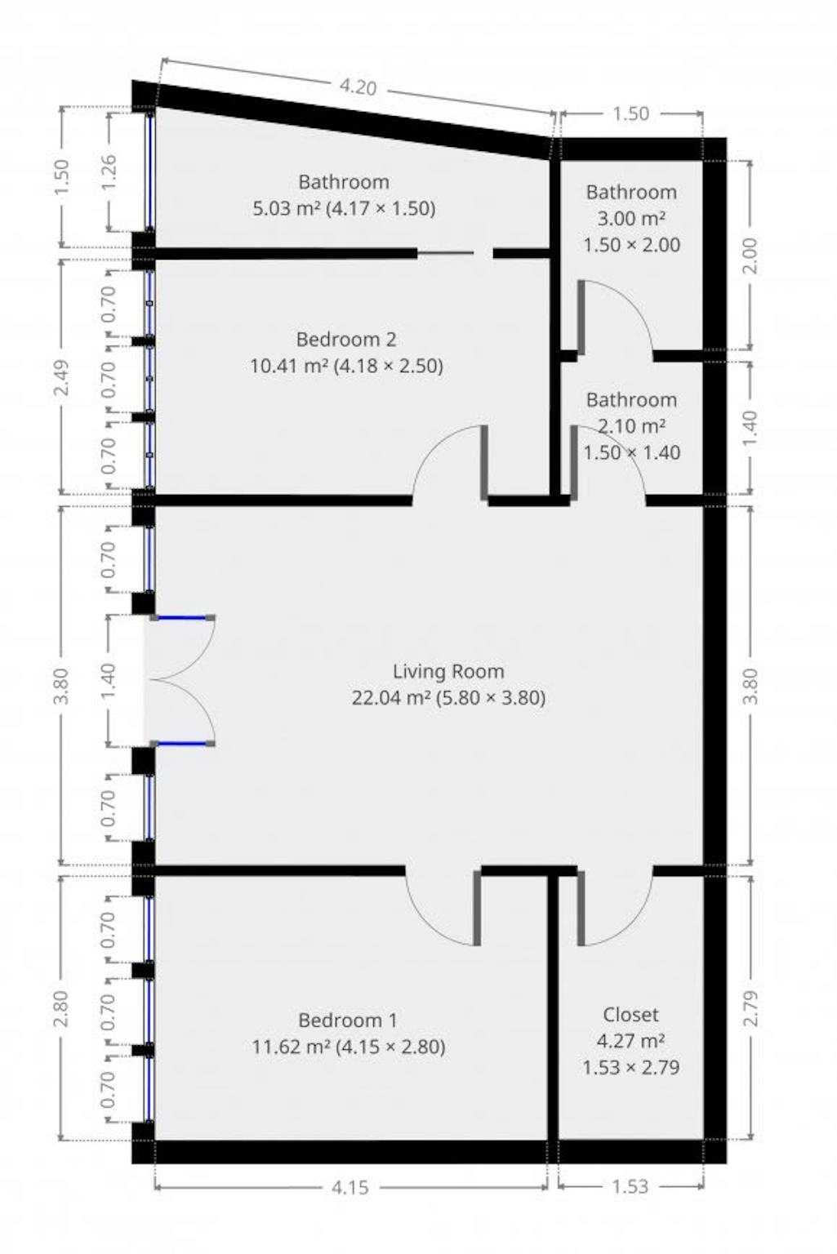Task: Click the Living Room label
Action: [447, 671]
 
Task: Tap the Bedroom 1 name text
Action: [348, 1020]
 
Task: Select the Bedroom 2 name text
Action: [346, 340]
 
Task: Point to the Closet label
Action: [630, 1015]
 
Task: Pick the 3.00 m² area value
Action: [631, 218]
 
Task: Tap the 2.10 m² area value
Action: [631, 426]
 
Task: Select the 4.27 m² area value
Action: [630, 1041]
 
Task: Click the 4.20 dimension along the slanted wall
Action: [358, 87]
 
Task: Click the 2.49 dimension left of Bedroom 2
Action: [61, 377]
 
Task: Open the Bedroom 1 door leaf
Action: [477, 908]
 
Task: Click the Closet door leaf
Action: [581, 908]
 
